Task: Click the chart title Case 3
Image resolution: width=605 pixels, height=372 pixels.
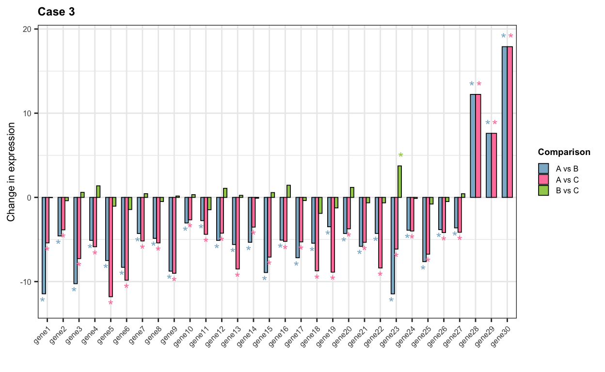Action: (x=56, y=12)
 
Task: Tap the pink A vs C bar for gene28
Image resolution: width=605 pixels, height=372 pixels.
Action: (x=478, y=145)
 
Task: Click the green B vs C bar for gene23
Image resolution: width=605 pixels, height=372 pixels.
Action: (x=399, y=182)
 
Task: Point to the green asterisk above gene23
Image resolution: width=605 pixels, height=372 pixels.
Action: (x=400, y=155)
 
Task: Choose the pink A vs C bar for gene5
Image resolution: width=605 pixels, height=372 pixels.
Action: (x=111, y=247)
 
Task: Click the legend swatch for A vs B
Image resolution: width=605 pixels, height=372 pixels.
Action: (x=543, y=169)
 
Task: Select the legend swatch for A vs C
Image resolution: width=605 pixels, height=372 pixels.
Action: (x=543, y=180)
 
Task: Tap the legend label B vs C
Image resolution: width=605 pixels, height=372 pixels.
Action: (x=567, y=190)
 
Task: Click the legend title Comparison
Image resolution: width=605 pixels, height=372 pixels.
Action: (x=564, y=152)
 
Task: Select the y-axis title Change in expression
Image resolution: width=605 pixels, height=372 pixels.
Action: (x=12, y=172)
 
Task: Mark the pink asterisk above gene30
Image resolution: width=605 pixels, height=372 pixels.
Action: (x=510, y=36)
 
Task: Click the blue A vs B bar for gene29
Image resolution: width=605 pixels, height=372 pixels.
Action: (x=489, y=165)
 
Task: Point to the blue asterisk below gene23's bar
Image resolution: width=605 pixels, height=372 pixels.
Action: (x=391, y=300)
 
